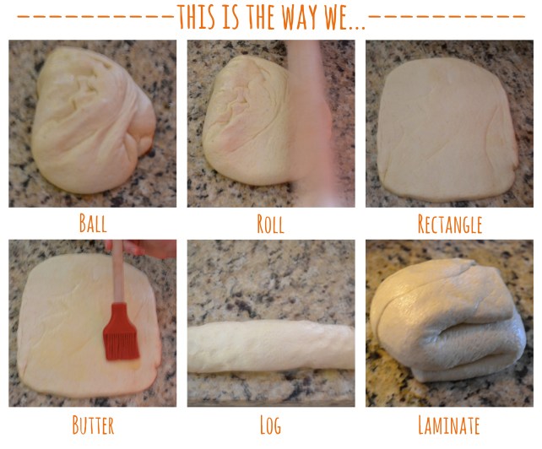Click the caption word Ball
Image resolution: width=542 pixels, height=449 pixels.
[x=93, y=224]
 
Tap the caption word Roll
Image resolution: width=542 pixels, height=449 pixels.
[x=270, y=224]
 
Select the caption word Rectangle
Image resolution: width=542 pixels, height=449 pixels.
[x=449, y=224]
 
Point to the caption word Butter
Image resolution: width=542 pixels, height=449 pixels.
[x=93, y=424]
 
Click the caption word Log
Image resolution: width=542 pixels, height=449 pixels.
[x=270, y=424]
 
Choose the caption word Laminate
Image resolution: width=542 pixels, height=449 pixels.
[x=449, y=424]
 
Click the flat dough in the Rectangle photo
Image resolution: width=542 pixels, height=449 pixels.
[x=443, y=127]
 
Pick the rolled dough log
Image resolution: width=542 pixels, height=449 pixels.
[x=270, y=347]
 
